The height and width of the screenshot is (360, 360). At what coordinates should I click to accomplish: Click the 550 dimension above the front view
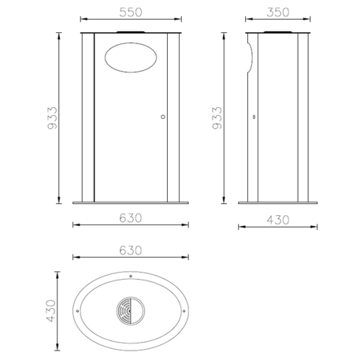point(130,13)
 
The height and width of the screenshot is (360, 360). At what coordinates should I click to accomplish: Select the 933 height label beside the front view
point(50,117)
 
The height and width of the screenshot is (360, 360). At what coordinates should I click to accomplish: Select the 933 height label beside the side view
point(217,117)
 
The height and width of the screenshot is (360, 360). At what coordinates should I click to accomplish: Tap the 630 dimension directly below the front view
point(130,217)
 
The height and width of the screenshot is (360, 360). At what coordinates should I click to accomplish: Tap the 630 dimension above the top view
point(130,251)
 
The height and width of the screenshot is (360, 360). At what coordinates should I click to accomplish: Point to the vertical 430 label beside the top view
point(50,312)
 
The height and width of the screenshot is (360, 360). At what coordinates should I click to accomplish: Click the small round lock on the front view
point(163,117)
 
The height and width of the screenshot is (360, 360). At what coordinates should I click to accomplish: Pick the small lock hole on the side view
point(254,117)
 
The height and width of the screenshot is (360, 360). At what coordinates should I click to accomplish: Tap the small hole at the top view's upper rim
point(131,276)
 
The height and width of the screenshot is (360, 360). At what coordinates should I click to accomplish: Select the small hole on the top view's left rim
point(76,313)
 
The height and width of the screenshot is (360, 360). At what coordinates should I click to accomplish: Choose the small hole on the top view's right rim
point(185,313)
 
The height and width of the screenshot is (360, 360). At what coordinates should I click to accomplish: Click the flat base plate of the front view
point(131,202)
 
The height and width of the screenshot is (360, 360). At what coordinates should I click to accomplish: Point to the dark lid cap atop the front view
point(131,32)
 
